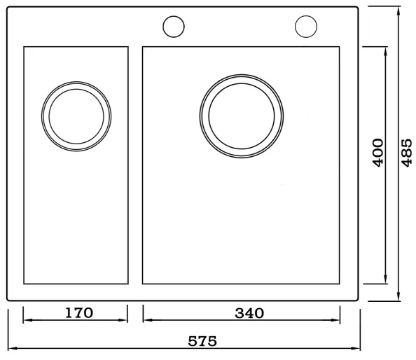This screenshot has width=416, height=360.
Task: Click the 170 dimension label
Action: point(79,313)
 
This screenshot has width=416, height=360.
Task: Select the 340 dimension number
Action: point(249,313)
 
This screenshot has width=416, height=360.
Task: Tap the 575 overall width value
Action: point(202,341)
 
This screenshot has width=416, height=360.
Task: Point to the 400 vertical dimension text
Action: point(378,153)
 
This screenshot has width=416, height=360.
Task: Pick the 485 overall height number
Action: point(406,153)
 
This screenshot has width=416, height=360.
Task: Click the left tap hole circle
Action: point(174,27)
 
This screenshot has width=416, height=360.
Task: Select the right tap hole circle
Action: point(306,27)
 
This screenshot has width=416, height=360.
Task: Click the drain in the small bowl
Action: point(76,116)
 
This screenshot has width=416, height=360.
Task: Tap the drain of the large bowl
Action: point(242,116)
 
